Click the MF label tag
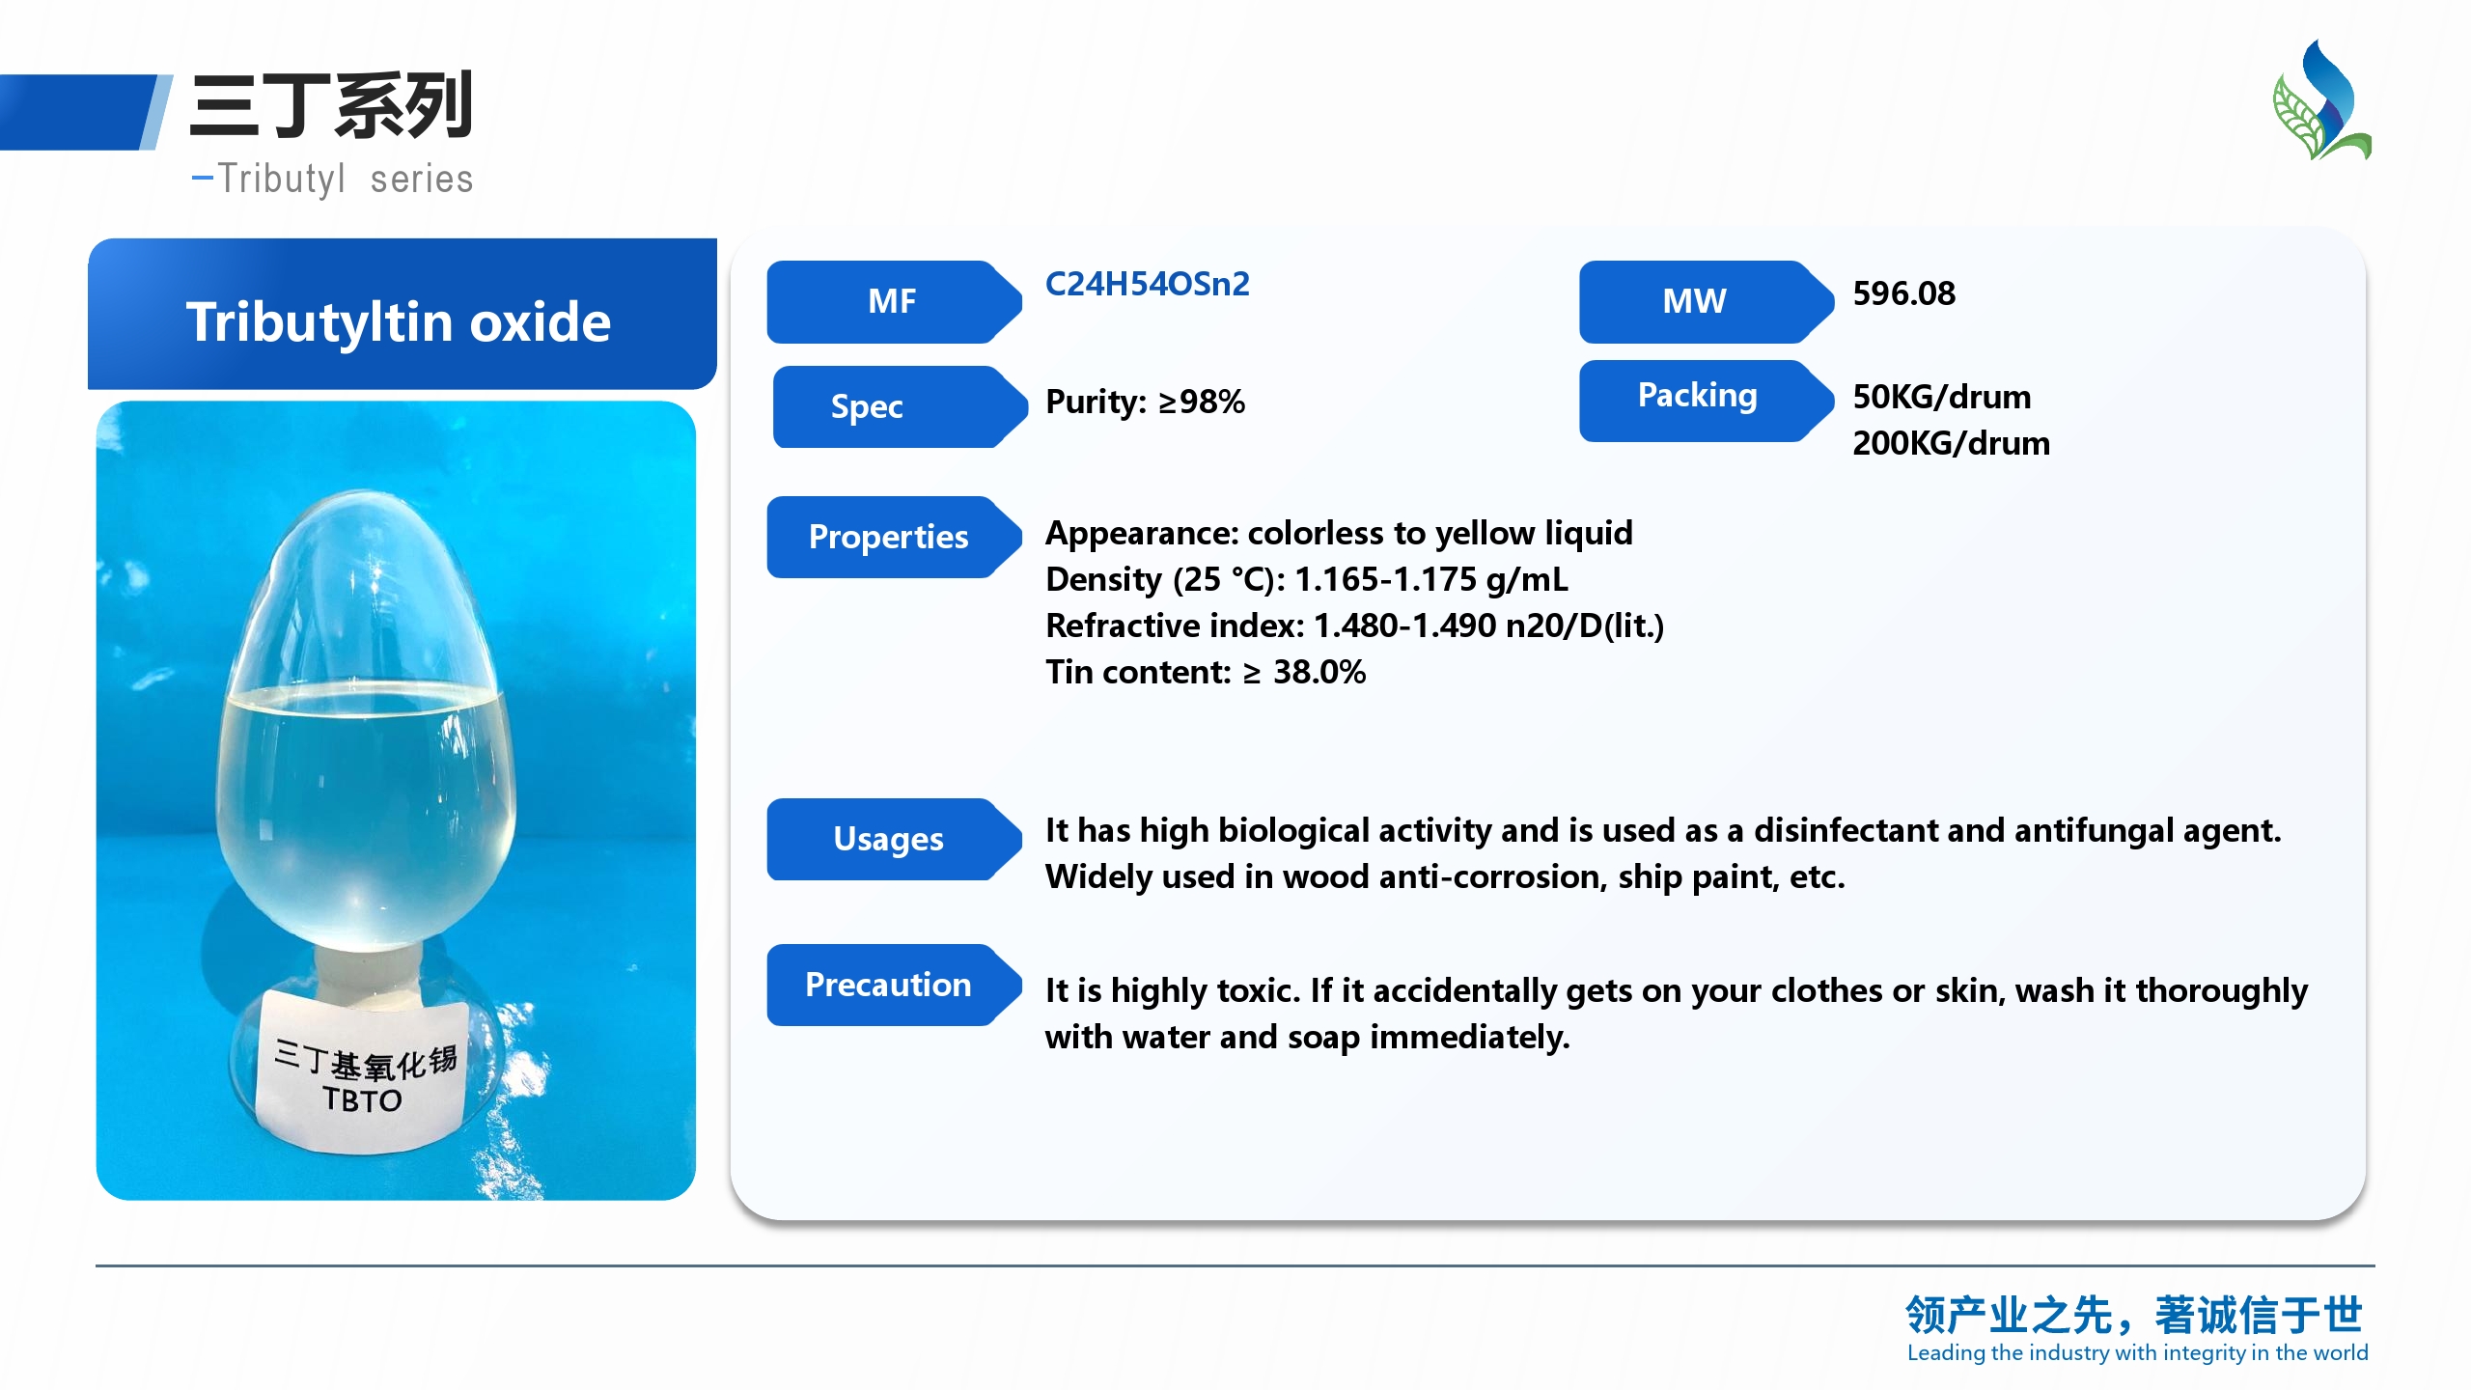point(894,301)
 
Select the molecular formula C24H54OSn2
point(1148,284)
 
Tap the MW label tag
point(1706,301)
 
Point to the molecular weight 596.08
point(1903,293)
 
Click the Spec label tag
point(900,406)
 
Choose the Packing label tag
point(1706,401)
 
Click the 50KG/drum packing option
point(1942,397)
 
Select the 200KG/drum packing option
point(1952,443)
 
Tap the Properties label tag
point(894,537)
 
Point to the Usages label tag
point(894,839)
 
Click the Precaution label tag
point(894,985)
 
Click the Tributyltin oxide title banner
point(402,315)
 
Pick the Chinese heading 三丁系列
point(331,106)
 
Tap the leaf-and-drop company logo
point(2322,99)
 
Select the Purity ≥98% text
point(1146,402)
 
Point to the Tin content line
point(1206,672)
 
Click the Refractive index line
point(1355,625)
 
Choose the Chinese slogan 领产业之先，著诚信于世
point(2134,1315)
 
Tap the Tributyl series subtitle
point(334,180)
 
